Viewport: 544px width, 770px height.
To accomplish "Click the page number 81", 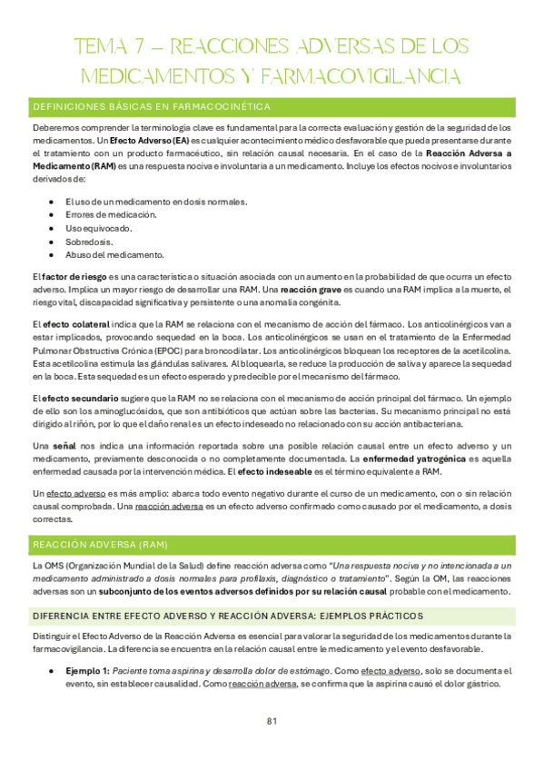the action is click(x=272, y=722).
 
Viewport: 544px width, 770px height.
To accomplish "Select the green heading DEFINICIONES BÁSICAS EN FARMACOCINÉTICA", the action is click(x=152, y=107).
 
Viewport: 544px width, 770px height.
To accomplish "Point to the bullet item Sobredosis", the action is click(x=90, y=241).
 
